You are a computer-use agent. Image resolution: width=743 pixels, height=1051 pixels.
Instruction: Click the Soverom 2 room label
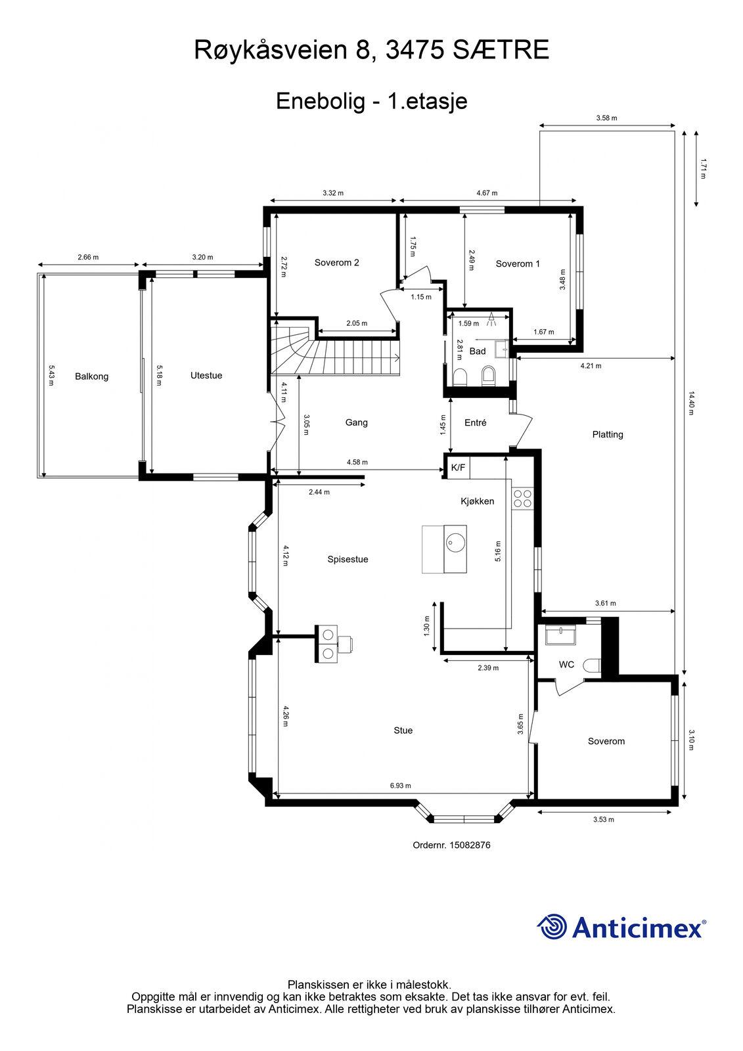(x=336, y=263)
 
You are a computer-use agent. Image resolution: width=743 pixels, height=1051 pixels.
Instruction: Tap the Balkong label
(x=91, y=376)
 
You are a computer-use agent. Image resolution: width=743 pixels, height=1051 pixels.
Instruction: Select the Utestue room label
(x=206, y=375)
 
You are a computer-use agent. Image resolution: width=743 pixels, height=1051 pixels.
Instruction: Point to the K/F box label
(x=458, y=467)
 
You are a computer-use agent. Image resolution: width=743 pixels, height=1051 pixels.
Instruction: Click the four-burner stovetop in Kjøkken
(x=522, y=499)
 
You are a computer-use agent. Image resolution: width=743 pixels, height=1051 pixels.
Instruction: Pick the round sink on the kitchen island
(x=455, y=543)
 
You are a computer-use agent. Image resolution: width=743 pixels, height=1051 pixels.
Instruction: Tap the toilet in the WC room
(x=593, y=665)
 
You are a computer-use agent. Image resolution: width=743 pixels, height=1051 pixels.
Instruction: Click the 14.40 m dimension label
(x=690, y=403)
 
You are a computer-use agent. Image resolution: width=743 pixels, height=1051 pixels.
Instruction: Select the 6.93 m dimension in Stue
(x=400, y=786)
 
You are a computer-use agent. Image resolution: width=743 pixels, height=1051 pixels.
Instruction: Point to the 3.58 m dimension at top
(x=606, y=118)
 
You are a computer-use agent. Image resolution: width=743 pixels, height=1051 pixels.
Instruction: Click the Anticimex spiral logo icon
(x=551, y=927)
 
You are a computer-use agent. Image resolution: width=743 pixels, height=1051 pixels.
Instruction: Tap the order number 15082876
(x=470, y=845)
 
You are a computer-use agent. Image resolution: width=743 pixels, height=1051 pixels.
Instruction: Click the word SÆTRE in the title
(x=501, y=50)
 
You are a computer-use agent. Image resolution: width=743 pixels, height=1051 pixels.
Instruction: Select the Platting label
(x=608, y=434)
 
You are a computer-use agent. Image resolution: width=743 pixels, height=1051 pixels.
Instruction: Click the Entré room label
(x=475, y=423)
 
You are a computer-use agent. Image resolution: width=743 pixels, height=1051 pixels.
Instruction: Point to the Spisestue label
(x=348, y=559)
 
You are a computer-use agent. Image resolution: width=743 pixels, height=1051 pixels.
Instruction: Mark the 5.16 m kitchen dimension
(x=498, y=551)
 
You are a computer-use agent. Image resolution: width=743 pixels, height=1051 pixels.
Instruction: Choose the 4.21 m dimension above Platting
(x=591, y=366)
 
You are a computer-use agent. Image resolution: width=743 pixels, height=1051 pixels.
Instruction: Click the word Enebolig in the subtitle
(x=321, y=101)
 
